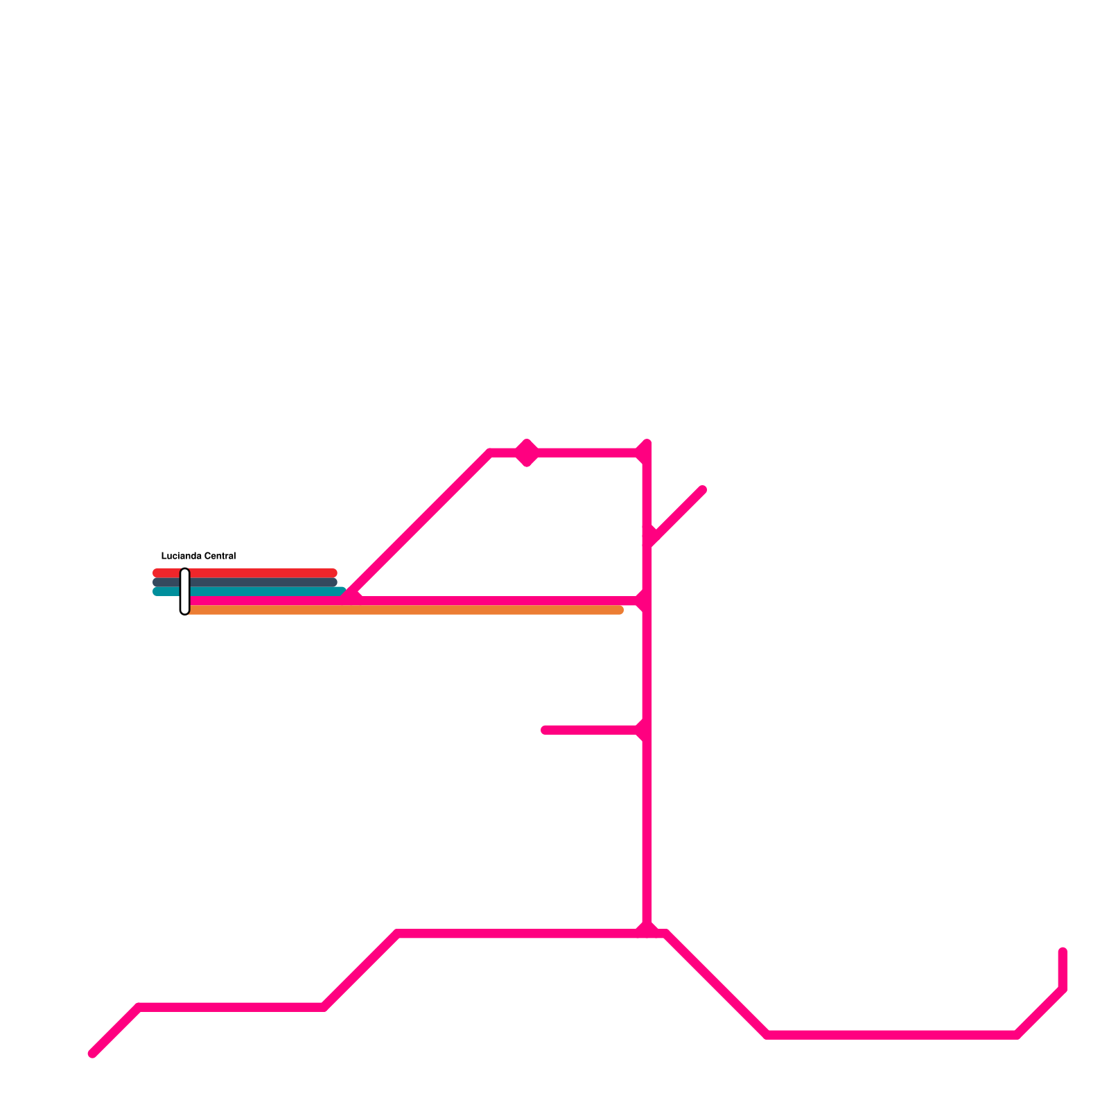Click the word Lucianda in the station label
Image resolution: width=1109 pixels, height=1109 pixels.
(181, 556)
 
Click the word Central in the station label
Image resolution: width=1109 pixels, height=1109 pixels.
(220, 556)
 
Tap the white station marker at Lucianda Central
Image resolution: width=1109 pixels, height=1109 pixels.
(184, 591)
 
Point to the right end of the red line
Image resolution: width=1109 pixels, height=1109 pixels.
(333, 573)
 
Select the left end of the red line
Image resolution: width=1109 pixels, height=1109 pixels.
(156, 573)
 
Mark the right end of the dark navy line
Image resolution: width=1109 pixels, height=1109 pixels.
(333, 582)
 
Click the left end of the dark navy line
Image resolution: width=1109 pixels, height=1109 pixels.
(156, 582)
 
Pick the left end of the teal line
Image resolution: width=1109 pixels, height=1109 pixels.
(156, 591)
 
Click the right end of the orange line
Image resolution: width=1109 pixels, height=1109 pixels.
(620, 610)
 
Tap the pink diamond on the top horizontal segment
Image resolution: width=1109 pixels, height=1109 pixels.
(527, 453)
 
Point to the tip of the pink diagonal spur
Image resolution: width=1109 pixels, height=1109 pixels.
(703, 490)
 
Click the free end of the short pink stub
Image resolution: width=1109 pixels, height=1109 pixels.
(545, 730)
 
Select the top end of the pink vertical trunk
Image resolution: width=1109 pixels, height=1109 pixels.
(647, 443)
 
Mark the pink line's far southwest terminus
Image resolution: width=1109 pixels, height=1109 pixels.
(92, 1054)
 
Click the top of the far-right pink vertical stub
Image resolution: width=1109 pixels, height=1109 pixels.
(1063, 952)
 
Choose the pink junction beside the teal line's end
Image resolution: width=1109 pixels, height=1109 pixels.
(351, 596)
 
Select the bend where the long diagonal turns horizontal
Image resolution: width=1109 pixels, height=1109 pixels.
(491, 453)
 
